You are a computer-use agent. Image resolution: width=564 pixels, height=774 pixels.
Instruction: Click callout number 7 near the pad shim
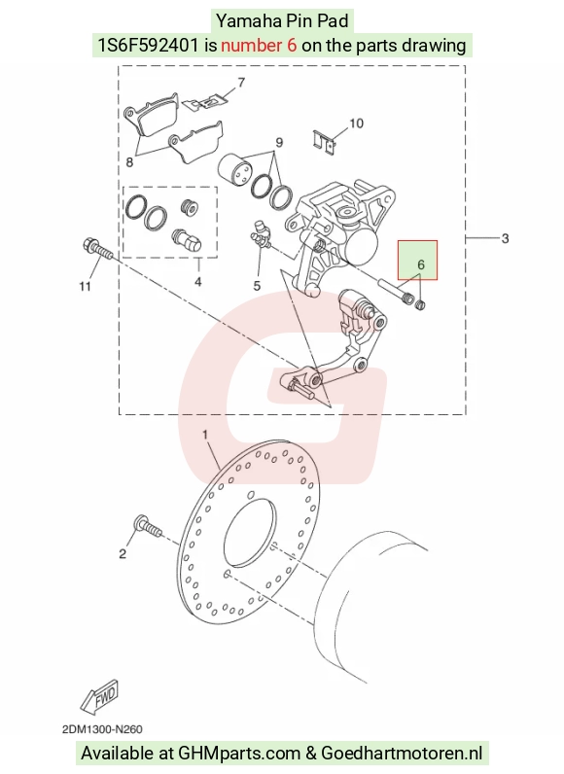241,82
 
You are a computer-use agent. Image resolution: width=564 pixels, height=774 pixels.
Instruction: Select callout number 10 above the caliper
356,123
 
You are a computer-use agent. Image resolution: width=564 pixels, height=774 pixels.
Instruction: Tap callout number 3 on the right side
505,238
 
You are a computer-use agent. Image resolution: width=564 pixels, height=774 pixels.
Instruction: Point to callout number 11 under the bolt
85,286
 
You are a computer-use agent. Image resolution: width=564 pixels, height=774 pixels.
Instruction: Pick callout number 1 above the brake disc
205,435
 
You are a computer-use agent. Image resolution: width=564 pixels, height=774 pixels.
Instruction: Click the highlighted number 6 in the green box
421,264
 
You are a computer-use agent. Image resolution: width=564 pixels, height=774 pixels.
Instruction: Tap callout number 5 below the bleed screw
257,285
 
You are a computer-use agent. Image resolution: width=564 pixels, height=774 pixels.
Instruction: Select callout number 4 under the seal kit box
197,281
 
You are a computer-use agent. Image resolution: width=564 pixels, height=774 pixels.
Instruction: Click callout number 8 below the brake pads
129,162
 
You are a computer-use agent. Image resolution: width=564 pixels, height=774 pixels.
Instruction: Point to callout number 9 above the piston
279,142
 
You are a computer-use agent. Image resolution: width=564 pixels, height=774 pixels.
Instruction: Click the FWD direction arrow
100,696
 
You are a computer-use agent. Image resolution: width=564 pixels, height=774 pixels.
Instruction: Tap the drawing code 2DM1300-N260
102,729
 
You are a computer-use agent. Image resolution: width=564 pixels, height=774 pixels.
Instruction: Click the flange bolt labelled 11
98,250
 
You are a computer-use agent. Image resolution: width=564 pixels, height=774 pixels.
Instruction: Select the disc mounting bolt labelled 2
148,526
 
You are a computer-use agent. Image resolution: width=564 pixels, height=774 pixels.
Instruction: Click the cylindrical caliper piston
235,171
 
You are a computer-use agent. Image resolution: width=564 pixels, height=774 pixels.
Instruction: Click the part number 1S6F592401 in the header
148,46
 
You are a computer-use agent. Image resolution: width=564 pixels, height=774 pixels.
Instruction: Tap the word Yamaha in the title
249,21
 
